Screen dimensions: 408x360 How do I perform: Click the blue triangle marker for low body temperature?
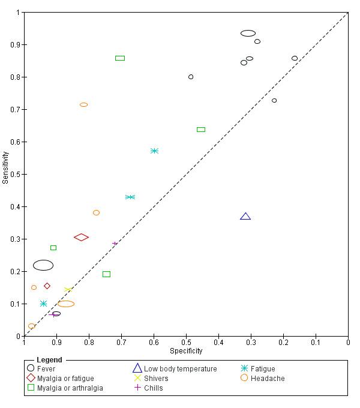pos(245,216)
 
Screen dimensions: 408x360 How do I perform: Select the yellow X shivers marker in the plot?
pos(68,290)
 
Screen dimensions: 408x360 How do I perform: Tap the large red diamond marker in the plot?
pos(81,238)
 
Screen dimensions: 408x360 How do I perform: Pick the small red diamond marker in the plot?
pos(47,286)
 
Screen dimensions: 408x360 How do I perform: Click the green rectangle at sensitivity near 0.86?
pos(120,58)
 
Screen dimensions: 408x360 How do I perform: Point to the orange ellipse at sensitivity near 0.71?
pos(84,104)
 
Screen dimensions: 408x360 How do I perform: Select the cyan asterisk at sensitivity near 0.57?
pos(154,151)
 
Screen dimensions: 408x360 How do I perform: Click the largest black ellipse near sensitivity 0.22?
pos(43,265)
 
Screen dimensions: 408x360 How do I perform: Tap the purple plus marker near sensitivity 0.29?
pos(115,244)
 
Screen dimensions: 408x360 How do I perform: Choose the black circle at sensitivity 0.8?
pos(191,77)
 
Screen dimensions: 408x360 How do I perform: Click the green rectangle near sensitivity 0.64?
pos(201,130)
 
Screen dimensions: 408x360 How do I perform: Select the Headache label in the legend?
pos(267,379)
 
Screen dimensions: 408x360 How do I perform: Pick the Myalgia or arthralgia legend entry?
pos(70,388)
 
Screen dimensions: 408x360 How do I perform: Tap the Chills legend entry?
pos(153,388)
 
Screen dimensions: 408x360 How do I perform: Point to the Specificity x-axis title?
pos(186,351)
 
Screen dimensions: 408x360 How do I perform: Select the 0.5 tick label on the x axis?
pos(186,343)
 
